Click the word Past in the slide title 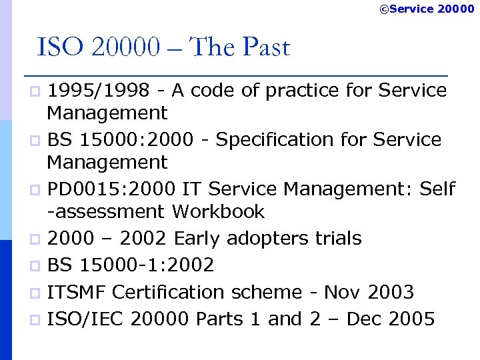pos(266,48)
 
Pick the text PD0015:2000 pos(111,189)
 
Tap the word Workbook pos(218,212)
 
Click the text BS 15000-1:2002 pos(131,265)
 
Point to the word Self pos(437,189)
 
